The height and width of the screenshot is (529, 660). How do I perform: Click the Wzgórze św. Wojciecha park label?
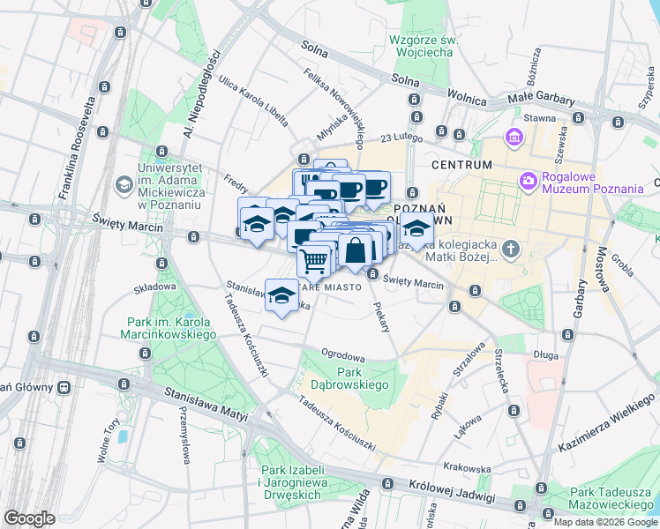click(420, 46)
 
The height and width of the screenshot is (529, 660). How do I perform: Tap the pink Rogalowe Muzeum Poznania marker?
click(528, 181)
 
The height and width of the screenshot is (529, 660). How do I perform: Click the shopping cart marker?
click(314, 261)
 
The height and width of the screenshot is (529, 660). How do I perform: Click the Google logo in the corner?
click(29, 518)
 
